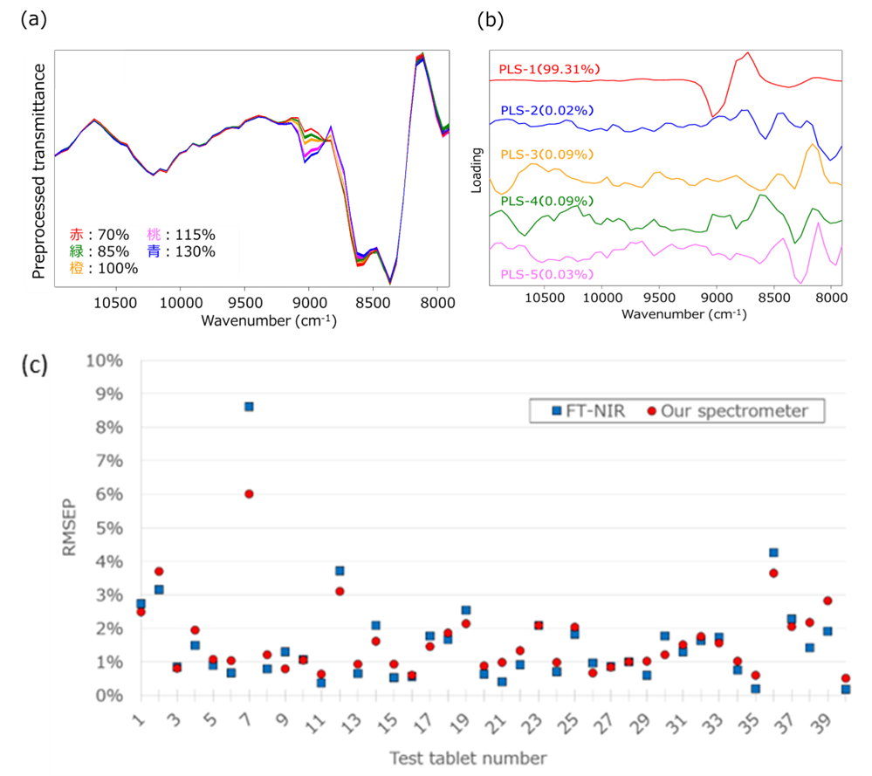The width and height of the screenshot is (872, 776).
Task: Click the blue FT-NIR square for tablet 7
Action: point(249,406)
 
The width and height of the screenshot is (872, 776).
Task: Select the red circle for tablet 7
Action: point(249,494)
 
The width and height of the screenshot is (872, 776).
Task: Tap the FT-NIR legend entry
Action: point(583,411)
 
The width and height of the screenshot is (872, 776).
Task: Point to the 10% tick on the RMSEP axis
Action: point(105,361)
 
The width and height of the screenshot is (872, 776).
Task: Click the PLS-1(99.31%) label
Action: point(549,69)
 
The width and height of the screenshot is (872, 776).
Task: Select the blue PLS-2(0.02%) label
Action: point(546,110)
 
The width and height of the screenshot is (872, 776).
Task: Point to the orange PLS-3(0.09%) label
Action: point(546,155)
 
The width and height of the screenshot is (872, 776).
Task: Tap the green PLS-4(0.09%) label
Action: point(546,201)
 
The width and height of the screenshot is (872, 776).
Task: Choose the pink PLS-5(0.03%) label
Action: point(546,274)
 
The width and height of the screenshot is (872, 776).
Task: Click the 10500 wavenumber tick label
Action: point(115,303)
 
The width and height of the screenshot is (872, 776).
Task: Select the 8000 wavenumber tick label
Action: point(437,303)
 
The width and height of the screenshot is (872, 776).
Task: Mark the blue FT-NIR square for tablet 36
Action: point(773,553)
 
